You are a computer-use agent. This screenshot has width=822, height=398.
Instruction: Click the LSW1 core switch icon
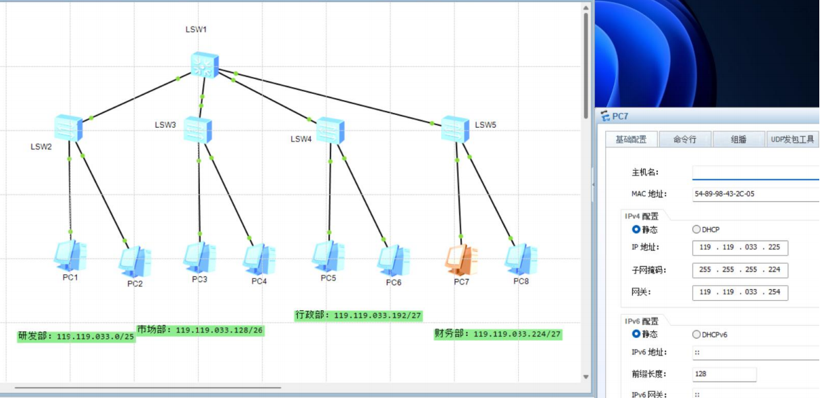click(x=204, y=66)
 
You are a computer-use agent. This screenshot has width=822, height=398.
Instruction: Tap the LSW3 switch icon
click(x=198, y=129)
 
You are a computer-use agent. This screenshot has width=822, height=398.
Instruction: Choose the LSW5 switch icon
click(x=455, y=129)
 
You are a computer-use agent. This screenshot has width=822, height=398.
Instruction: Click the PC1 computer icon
click(x=70, y=255)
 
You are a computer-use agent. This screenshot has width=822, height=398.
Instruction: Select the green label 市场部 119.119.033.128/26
click(x=200, y=330)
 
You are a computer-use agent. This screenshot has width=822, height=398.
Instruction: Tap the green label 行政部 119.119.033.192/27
click(x=359, y=315)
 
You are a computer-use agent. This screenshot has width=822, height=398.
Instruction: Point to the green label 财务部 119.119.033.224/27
click(x=498, y=334)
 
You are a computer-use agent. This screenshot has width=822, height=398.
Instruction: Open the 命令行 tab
click(x=684, y=139)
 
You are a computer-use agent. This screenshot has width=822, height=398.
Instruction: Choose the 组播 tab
click(x=738, y=139)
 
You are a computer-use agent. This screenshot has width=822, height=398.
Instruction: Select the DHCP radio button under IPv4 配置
click(x=696, y=230)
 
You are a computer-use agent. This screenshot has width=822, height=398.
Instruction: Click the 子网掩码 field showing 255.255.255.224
click(x=740, y=270)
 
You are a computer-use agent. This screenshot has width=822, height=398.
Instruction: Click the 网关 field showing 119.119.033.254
click(x=740, y=293)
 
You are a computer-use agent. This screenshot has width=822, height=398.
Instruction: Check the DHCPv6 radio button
click(x=696, y=334)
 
